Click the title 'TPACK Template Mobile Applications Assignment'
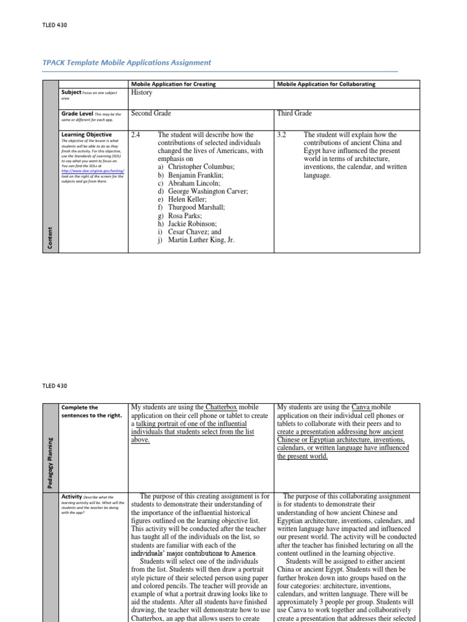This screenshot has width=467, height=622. coord(126,63)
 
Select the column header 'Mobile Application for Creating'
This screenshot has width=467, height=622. coord(173,84)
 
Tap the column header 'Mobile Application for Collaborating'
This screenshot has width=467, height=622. coord(326,84)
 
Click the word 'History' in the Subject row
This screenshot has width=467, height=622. coord(142,92)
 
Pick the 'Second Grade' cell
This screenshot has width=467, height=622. coord(151,114)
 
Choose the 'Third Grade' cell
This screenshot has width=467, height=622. coord(295,114)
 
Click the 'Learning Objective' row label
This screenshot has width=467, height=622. coord(86,134)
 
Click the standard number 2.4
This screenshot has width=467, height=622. coord(136,135)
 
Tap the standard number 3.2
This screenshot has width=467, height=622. coord(282,135)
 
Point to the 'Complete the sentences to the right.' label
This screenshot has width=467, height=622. coord(85,411)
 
